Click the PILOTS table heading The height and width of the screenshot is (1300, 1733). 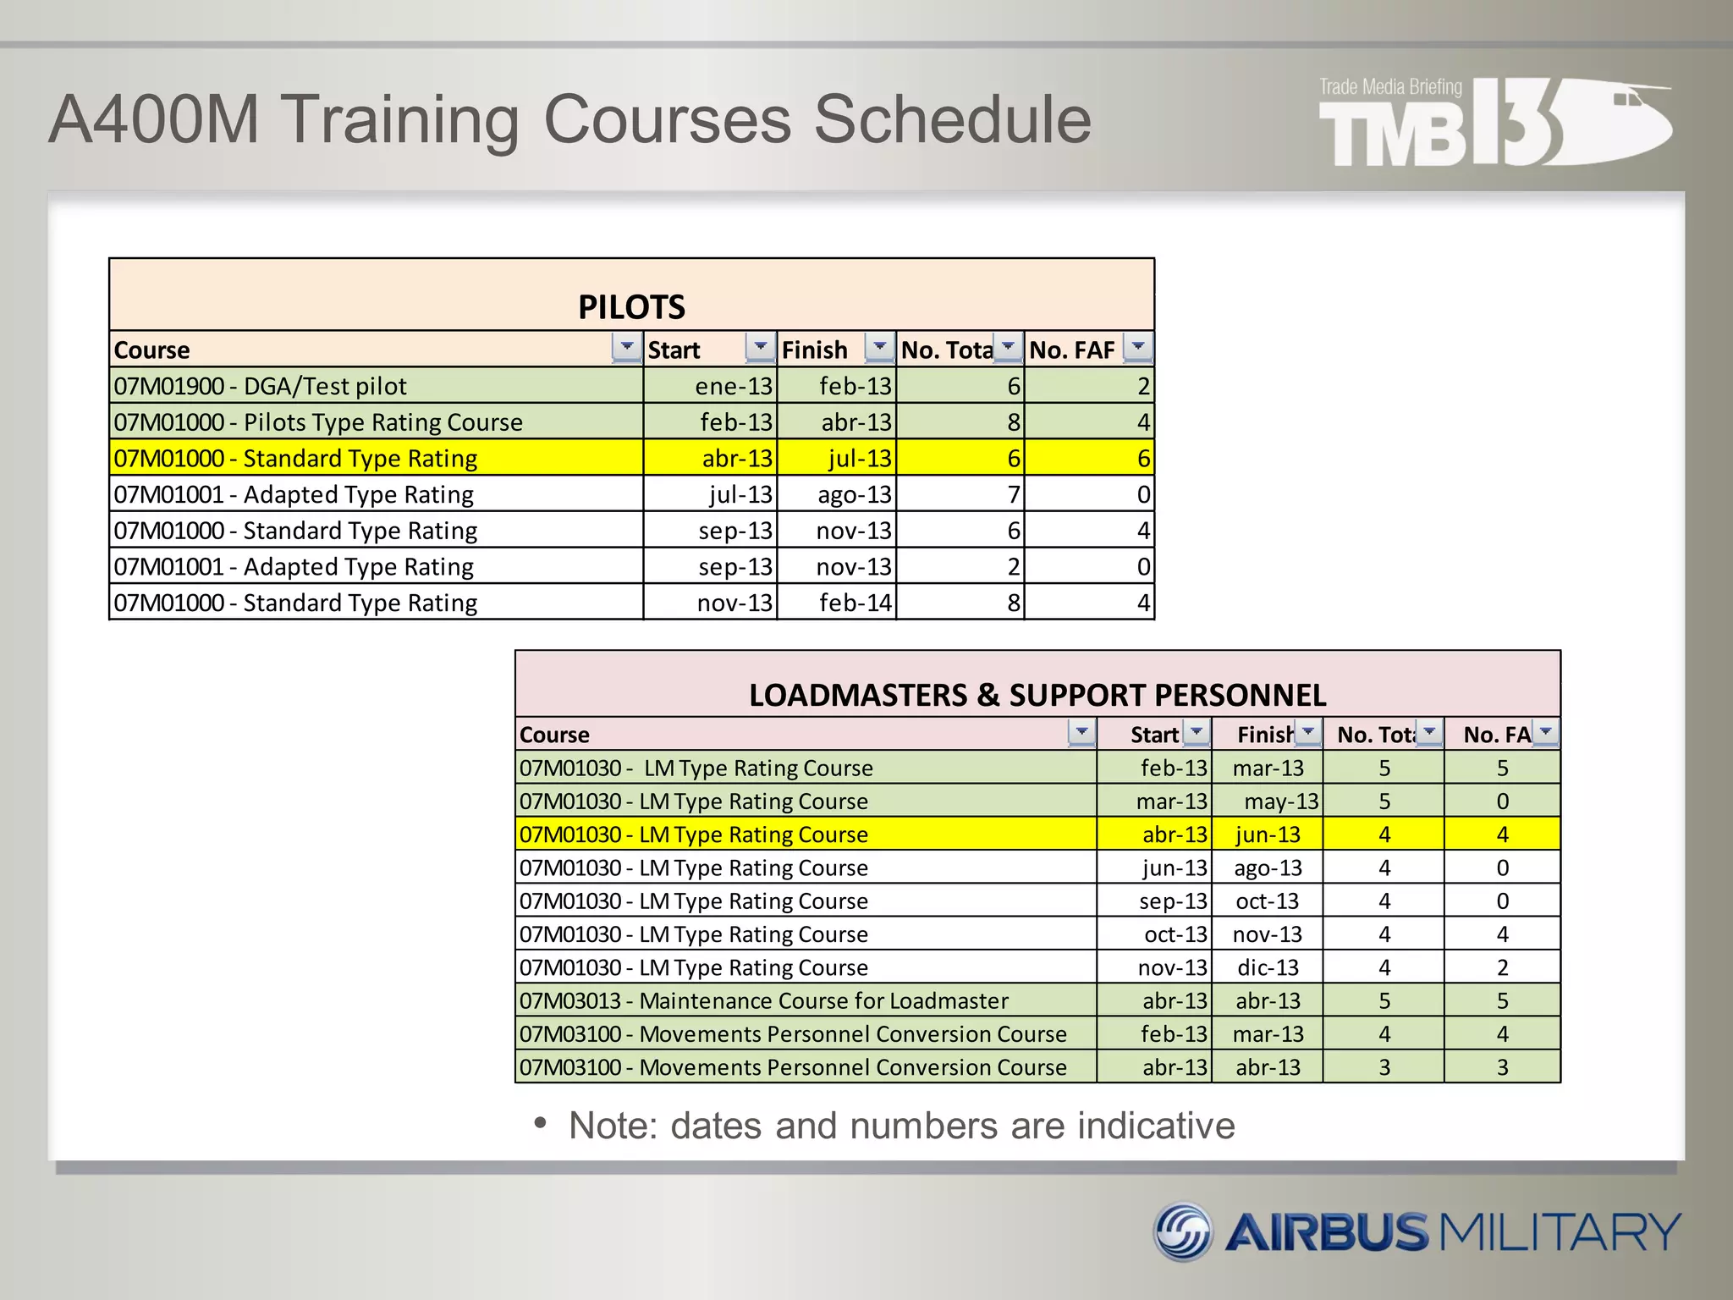(631, 306)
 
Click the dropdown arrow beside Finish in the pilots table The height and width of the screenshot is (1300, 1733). (880, 346)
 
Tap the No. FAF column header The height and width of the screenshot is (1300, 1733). (1072, 350)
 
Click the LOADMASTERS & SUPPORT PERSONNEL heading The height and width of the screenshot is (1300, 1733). (1037, 695)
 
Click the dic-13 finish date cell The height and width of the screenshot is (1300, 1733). (1268, 967)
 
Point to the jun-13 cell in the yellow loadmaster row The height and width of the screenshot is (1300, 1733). (1268, 835)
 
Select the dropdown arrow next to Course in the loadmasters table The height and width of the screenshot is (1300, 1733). (1081, 731)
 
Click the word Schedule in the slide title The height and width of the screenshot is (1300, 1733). (953, 119)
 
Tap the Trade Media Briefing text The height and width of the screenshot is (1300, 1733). (1390, 87)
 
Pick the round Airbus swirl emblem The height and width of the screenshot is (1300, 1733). (1183, 1231)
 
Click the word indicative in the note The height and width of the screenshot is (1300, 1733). (1156, 1126)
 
